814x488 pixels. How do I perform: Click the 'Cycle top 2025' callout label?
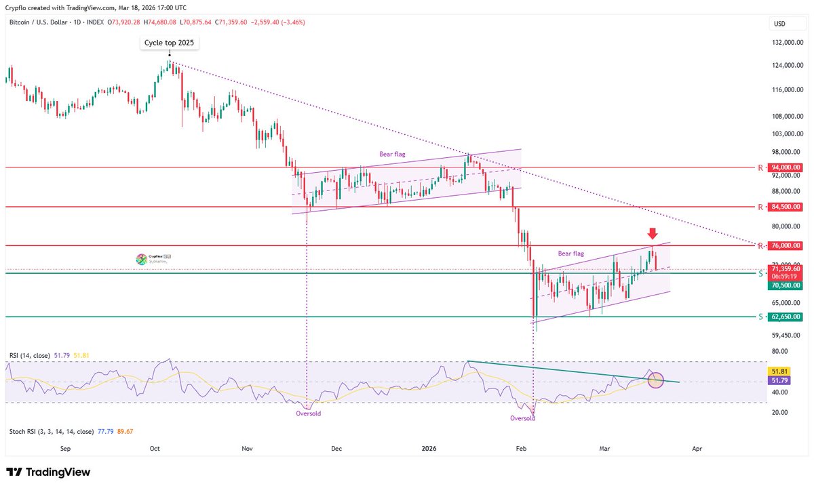pyautogui.click(x=170, y=43)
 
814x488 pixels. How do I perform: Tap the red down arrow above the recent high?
pyautogui.click(x=651, y=234)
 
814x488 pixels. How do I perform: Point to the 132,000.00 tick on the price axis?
pyautogui.click(x=787, y=43)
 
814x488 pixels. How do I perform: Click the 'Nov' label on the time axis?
pyautogui.click(x=247, y=448)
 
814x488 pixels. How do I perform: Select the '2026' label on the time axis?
pyautogui.click(x=429, y=448)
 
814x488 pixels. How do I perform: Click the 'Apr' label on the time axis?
pyautogui.click(x=696, y=448)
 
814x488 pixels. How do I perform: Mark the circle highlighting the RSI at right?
pyautogui.click(x=655, y=380)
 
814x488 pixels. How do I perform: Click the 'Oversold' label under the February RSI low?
pyautogui.click(x=522, y=418)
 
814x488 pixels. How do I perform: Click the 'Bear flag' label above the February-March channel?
pyautogui.click(x=571, y=253)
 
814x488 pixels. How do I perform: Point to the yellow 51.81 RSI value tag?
pyautogui.click(x=777, y=371)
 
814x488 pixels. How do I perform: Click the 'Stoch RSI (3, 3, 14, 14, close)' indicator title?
pyautogui.click(x=52, y=431)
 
